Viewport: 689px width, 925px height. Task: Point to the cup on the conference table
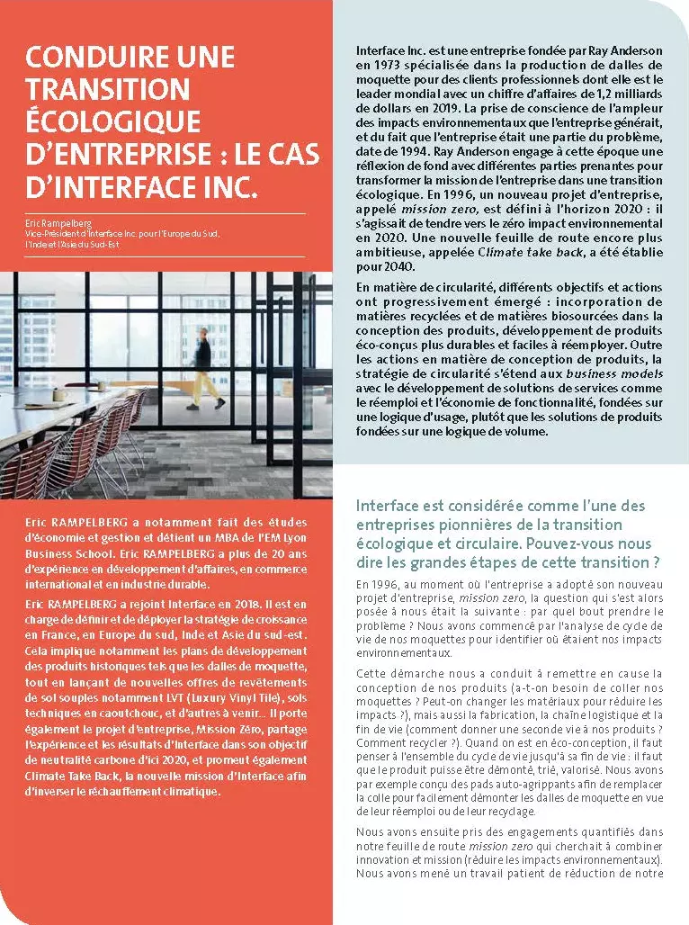[x=59, y=394]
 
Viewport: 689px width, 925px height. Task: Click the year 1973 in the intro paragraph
[x=384, y=67]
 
